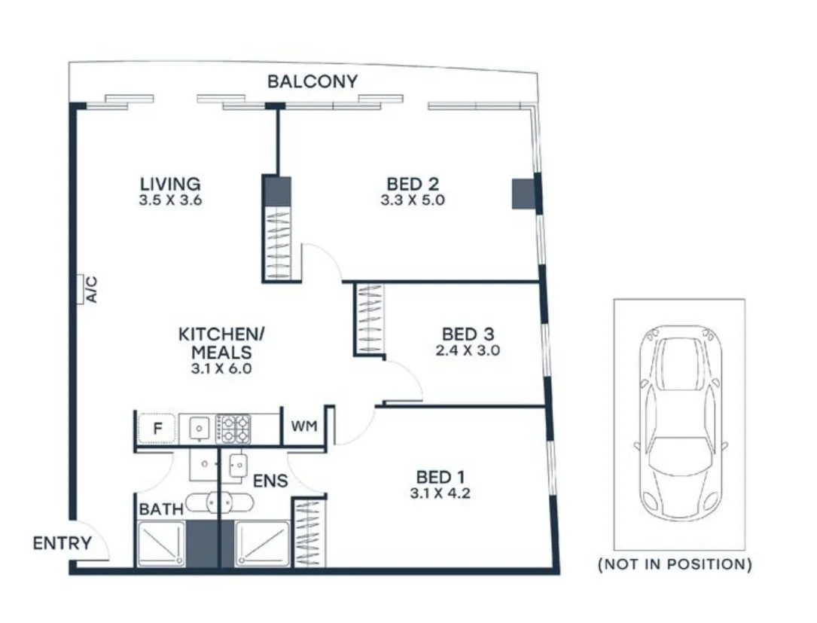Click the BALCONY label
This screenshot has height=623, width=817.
pyautogui.click(x=312, y=81)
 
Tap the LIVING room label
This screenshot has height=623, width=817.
pyautogui.click(x=170, y=184)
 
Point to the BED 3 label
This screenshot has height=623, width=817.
pyautogui.click(x=468, y=334)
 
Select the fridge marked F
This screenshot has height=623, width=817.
pyautogui.click(x=157, y=429)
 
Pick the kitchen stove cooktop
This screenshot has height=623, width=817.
pyautogui.click(x=233, y=429)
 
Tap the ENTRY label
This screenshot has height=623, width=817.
pyautogui.click(x=62, y=543)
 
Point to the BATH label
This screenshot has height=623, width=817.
pyautogui.click(x=160, y=510)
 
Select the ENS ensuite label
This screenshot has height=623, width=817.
pyautogui.click(x=270, y=481)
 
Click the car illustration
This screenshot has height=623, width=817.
pyautogui.click(x=680, y=425)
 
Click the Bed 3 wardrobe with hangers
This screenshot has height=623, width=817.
pyautogui.click(x=368, y=318)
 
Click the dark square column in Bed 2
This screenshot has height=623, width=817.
pyautogui.click(x=524, y=194)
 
